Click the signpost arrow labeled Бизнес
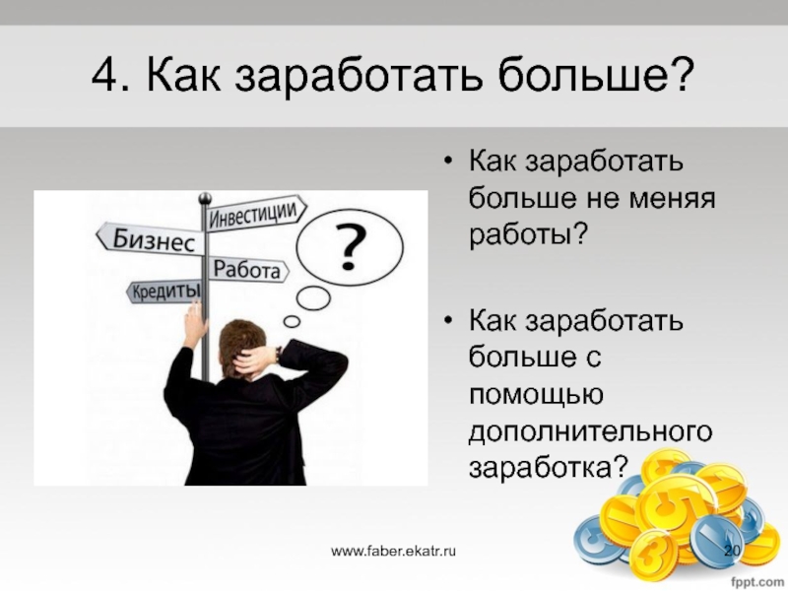pos(151,238)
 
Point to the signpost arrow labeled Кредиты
pos(164,292)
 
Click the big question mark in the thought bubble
pos(350,247)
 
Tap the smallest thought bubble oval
pos(292,321)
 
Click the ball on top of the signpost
pos(205,199)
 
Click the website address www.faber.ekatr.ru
pos(393,551)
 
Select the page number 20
pos(732,550)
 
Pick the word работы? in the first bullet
pos(528,234)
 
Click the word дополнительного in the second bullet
pos(590,432)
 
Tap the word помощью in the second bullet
pos(536,395)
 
